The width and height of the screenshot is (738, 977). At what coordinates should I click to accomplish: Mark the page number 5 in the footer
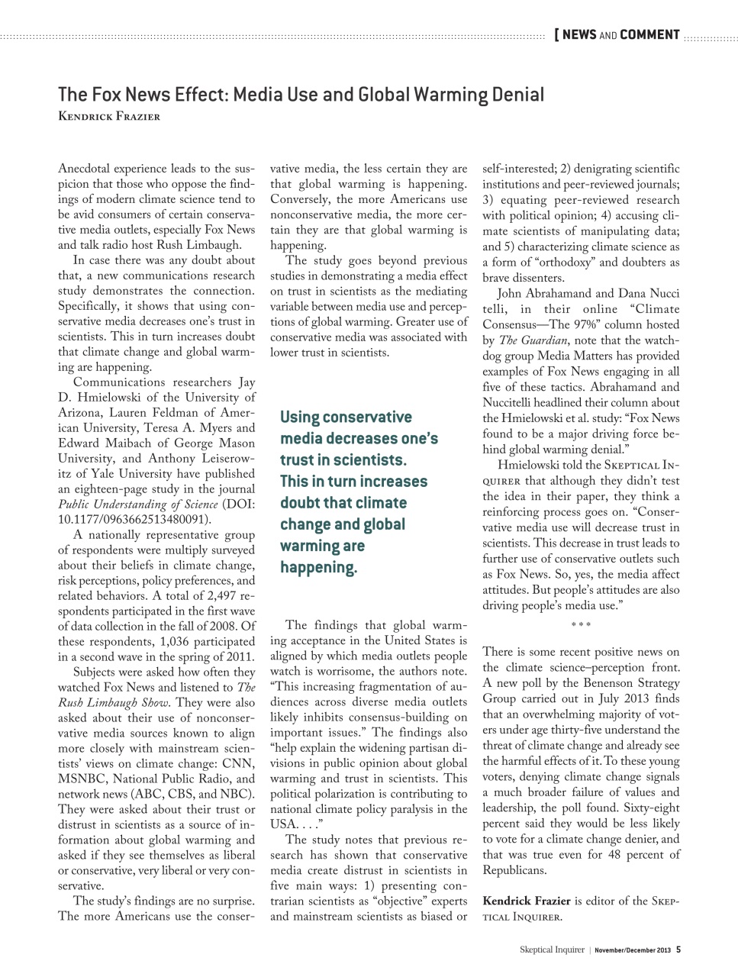pyautogui.click(x=678, y=950)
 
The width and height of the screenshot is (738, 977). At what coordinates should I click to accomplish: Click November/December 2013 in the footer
pyautogui.click(x=633, y=950)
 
